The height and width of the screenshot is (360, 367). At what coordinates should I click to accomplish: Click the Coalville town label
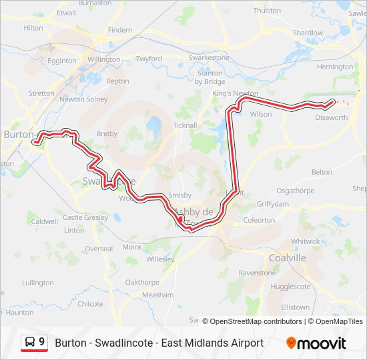[287, 258]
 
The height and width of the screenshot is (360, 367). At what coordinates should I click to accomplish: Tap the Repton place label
[117, 81]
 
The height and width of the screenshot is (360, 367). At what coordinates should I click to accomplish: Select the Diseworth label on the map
[331, 118]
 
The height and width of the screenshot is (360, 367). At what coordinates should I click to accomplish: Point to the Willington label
[103, 59]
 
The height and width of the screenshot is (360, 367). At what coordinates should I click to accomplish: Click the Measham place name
[158, 295]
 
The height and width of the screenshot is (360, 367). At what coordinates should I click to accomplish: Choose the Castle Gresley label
[85, 217]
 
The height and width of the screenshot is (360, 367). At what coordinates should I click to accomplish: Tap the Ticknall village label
[185, 125]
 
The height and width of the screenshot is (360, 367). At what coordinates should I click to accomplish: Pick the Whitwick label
[305, 241]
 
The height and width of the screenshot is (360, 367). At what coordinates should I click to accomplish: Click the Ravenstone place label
[257, 273]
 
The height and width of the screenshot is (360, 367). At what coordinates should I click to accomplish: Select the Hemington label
[335, 67]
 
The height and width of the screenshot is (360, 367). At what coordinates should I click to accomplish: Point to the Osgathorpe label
[294, 190]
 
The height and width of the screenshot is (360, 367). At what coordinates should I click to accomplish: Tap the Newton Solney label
[83, 99]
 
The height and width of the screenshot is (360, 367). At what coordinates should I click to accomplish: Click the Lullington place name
[37, 283]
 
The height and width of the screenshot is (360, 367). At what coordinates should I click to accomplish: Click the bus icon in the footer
[30, 343]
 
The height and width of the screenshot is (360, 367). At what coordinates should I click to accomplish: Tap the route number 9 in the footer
[42, 342]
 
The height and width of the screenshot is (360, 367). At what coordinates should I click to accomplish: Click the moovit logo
[316, 343]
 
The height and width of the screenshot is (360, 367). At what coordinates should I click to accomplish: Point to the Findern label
[120, 31]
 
